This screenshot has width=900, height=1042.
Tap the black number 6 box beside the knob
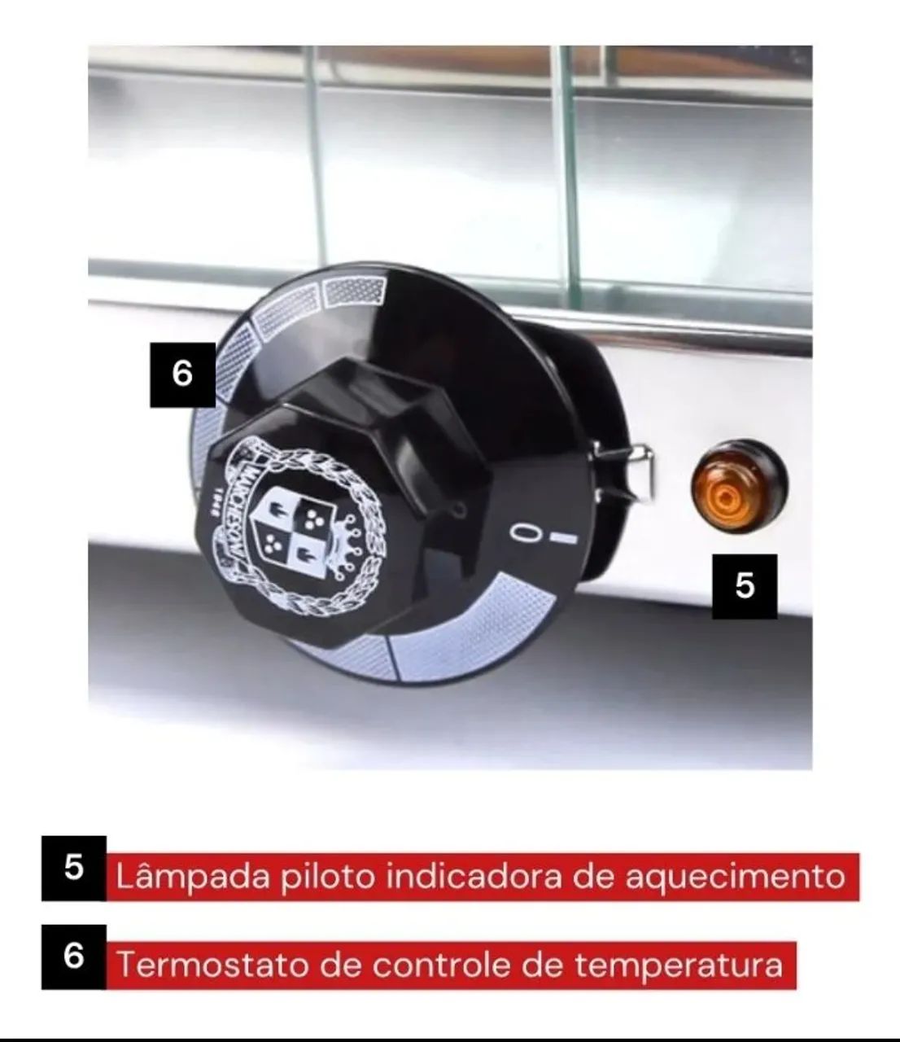182,374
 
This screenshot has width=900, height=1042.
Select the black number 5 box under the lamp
745,586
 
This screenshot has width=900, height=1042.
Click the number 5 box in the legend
73,869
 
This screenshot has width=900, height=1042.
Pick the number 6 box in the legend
73,957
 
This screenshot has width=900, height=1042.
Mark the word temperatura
679,965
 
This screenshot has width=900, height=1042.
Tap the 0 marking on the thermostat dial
524,532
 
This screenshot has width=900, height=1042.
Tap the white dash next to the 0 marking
563,538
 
